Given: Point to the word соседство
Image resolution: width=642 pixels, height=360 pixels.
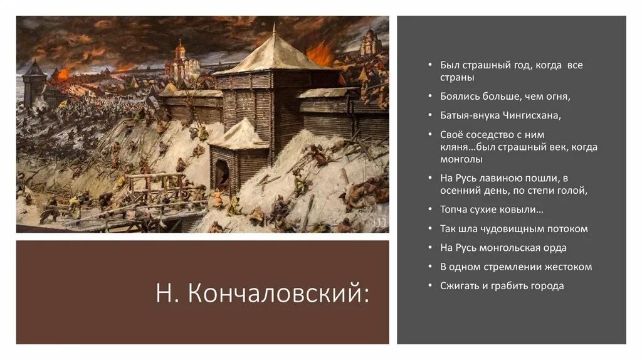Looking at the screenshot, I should click(x=488, y=134).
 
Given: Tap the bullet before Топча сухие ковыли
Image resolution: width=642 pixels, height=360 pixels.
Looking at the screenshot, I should click(x=430, y=209).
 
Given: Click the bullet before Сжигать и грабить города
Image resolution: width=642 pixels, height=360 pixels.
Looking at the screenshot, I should click(x=430, y=285).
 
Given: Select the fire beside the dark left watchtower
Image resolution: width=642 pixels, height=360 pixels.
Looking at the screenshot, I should click(x=63, y=74).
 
